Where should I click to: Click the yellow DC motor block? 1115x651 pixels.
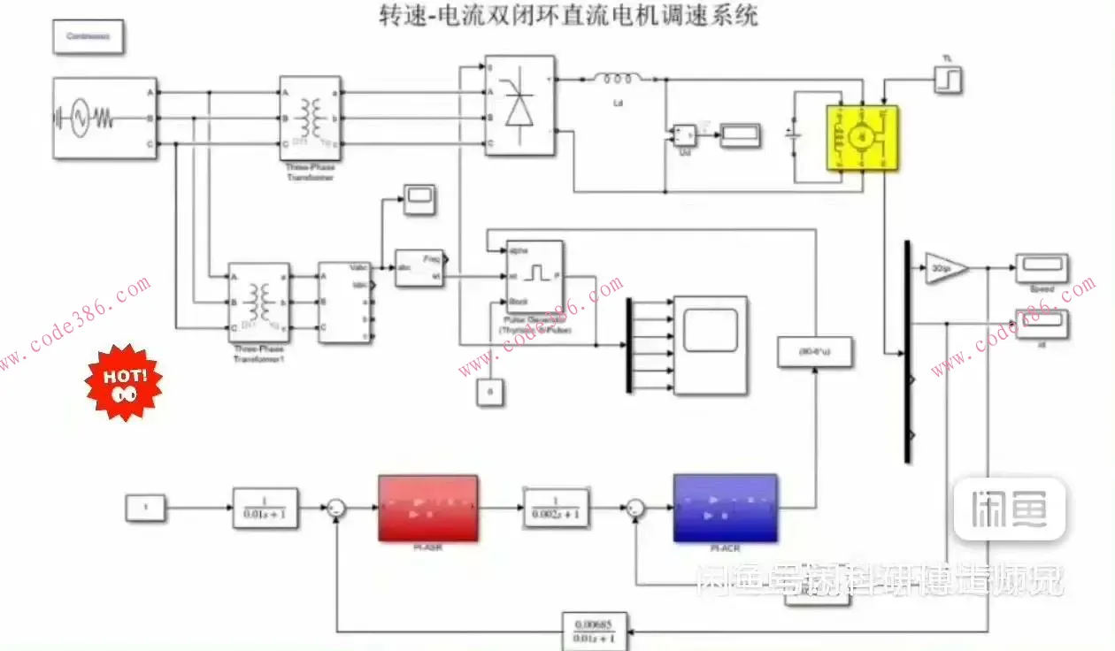(x=862, y=137)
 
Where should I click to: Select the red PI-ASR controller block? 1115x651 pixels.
(x=428, y=508)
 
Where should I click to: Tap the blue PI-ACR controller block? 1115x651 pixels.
(x=725, y=508)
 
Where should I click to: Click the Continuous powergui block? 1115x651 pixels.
(x=88, y=37)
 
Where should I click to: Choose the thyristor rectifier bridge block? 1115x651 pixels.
(x=519, y=105)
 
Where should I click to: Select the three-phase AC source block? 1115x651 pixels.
(x=105, y=119)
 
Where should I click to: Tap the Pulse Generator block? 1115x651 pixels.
(x=534, y=275)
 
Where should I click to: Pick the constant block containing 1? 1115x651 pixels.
(x=146, y=508)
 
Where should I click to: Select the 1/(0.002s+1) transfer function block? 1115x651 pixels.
(x=555, y=508)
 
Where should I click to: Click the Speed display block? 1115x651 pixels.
(x=1042, y=267)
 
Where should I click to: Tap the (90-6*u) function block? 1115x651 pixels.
(x=814, y=352)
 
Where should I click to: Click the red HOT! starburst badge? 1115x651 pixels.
(x=123, y=381)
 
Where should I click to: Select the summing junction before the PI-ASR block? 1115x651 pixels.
(x=336, y=508)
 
